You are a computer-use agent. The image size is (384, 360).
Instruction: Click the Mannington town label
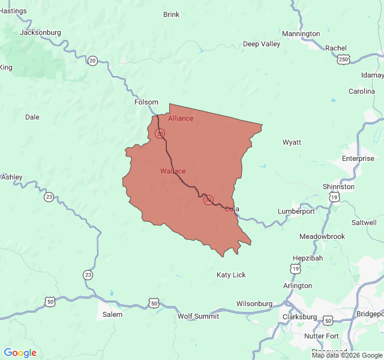301,34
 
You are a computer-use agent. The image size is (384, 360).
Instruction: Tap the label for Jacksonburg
40,32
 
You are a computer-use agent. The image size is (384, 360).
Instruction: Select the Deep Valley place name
261,44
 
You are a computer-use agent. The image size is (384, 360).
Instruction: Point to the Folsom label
146,102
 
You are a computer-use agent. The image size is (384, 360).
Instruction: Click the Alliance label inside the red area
181,118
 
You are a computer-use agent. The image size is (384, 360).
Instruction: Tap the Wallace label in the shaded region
173,171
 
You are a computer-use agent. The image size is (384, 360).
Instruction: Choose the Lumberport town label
296,211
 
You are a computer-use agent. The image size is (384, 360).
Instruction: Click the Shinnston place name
338,187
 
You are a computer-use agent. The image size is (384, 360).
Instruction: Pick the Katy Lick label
231,275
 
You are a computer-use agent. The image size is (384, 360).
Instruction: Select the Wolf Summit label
198,316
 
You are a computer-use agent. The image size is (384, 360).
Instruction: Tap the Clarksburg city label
299,317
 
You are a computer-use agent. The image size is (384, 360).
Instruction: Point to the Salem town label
112,314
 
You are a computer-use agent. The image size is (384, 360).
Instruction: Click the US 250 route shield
343,59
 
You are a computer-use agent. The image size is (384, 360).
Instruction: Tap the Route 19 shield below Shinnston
334,197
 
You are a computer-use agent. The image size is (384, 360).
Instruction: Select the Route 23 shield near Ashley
49,197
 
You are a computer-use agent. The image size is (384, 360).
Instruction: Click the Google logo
20,353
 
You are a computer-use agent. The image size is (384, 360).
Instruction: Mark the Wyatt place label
292,142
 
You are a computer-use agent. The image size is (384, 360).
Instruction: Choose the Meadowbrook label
322,236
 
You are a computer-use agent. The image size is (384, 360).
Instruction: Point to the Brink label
171,14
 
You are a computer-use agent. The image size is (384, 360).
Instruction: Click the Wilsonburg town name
254,304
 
